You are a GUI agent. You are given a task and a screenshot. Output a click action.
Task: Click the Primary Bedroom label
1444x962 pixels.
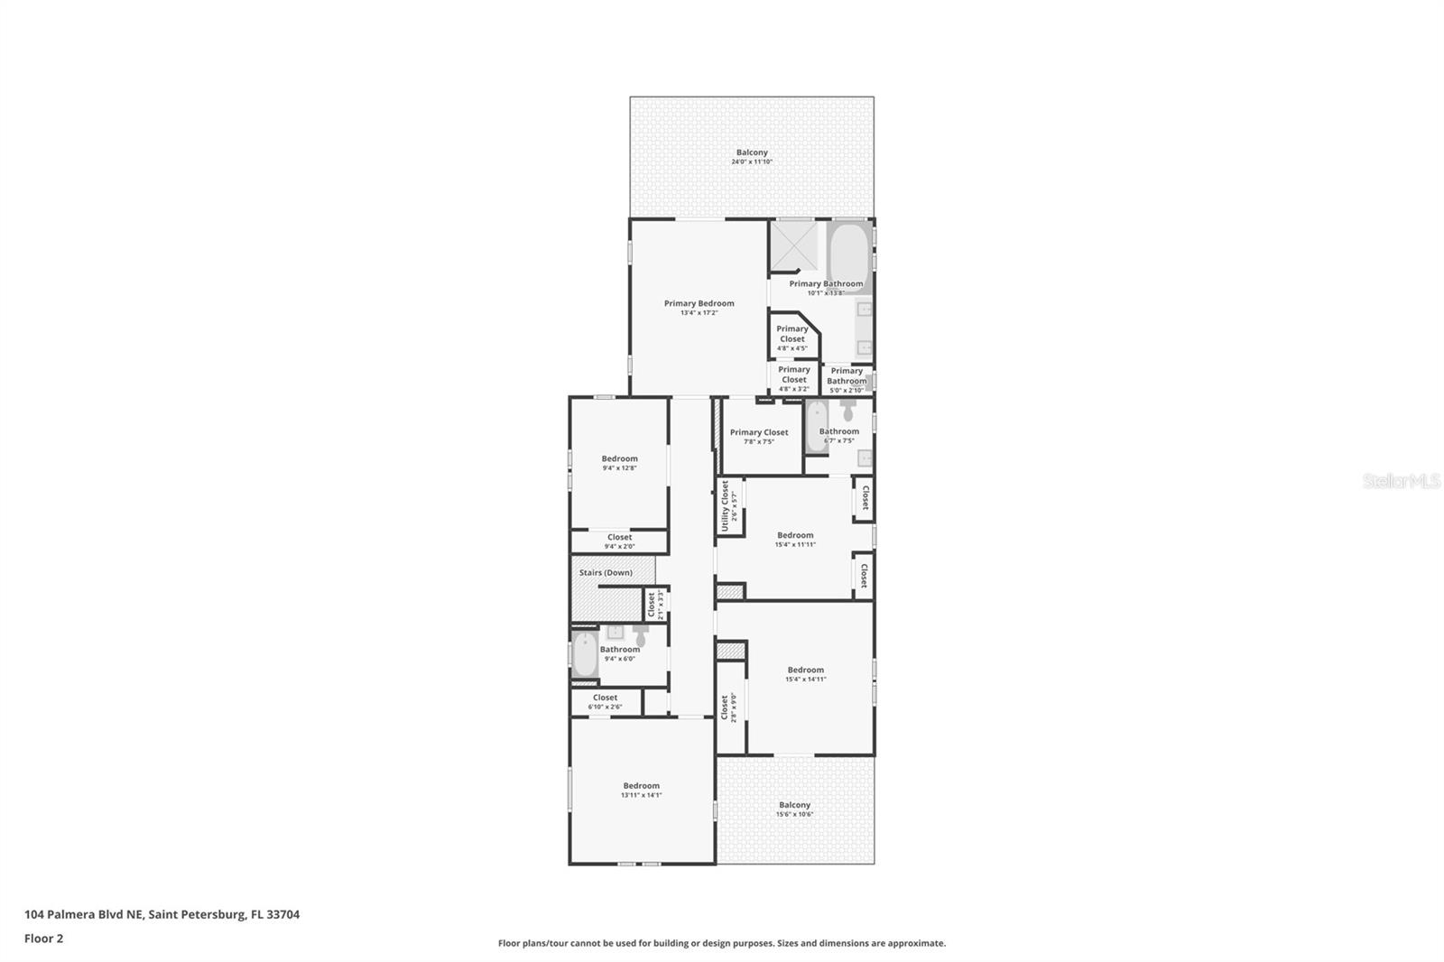click(x=699, y=304)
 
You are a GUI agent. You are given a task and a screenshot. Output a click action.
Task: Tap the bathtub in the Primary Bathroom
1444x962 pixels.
click(x=849, y=256)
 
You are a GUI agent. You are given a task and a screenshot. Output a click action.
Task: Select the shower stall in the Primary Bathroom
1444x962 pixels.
click(x=793, y=245)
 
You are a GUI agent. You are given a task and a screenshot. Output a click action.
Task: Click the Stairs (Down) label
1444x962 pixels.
click(x=606, y=573)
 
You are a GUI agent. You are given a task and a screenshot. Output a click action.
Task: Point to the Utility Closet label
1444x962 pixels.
click(x=725, y=505)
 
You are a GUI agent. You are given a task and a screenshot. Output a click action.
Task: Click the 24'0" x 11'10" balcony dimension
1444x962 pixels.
click(x=752, y=162)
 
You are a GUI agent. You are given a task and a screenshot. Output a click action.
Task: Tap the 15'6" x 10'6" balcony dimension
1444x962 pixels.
click(x=794, y=815)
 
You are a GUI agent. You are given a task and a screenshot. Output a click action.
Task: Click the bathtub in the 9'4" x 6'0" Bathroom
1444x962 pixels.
click(x=585, y=655)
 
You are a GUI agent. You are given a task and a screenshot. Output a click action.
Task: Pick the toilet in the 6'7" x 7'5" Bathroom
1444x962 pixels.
click(x=848, y=411)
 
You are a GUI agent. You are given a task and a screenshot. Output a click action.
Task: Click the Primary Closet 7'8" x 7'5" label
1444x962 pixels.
click(x=759, y=433)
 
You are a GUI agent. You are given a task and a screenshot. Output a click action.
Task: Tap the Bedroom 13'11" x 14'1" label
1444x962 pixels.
click(x=641, y=786)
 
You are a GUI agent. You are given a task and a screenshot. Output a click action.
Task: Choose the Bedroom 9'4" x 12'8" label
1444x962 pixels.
click(x=620, y=459)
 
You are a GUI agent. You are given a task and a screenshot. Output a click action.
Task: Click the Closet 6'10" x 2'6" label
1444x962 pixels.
click(x=605, y=698)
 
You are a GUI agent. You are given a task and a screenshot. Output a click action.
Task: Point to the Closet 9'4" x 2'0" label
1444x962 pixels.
click(x=619, y=538)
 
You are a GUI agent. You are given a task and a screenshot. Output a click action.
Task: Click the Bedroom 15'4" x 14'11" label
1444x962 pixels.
click(x=805, y=671)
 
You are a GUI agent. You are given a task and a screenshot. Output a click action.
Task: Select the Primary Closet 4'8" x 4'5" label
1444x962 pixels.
click(x=792, y=334)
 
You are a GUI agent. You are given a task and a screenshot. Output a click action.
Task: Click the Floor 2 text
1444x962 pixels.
click(x=43, y=939)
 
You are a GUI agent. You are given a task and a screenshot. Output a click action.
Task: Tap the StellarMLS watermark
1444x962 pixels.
click(x=1401, y=482)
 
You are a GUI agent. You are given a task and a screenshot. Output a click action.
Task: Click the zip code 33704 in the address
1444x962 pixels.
click(x=282, y=914)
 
